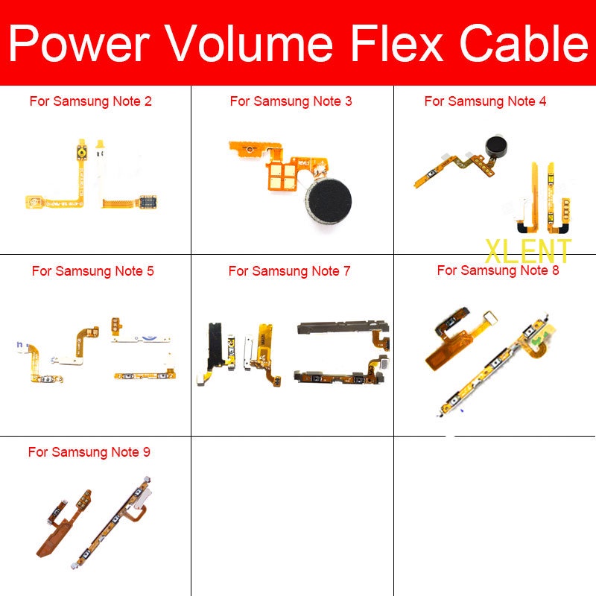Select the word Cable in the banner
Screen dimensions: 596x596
521,43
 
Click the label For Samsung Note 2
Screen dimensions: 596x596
90,101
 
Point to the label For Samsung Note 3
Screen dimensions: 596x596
291,101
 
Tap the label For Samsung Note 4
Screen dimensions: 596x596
485,101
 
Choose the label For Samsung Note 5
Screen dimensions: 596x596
92,271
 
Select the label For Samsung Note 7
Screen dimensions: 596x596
289,271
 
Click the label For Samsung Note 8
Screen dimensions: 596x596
498,270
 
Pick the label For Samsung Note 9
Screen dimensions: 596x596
89,452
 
